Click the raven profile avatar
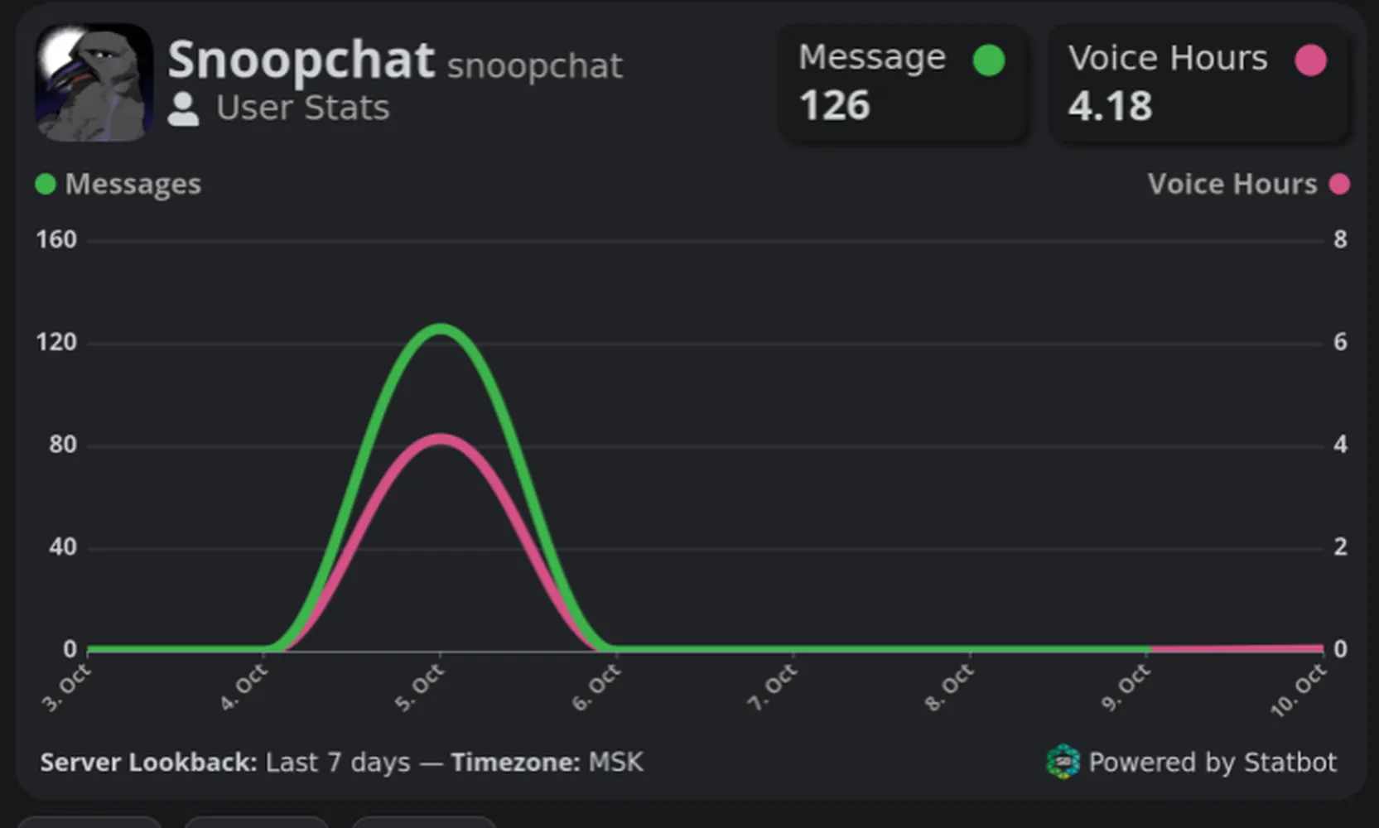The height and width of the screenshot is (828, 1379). (94, 83)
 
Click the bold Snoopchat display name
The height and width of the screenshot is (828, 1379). (301, 60)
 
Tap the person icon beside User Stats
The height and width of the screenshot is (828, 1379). (184, 109)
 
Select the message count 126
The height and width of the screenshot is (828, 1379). (834, 105)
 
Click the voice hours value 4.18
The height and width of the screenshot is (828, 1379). (1110, 106)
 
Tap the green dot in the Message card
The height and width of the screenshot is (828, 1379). (989, 60)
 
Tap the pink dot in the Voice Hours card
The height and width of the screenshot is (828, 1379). (1310, 60)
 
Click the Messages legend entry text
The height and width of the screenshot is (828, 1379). (133, 184)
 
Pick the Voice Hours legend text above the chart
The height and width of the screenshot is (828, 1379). (1232, 184)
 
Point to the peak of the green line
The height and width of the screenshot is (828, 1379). (440, 328)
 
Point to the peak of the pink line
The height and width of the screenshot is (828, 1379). (440, 438)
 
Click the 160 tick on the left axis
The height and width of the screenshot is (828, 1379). (56, 239)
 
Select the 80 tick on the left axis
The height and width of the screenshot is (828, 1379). (63, 445)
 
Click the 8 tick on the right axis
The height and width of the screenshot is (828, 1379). (1340, 239)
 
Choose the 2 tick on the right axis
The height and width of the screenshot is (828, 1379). (1340, 546)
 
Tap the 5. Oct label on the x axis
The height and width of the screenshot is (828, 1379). (420, 688)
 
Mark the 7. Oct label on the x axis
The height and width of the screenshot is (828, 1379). (774, 688)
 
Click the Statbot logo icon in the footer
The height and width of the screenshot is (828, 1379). (1063, 762)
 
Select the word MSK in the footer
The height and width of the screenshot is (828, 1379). (615, 762)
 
